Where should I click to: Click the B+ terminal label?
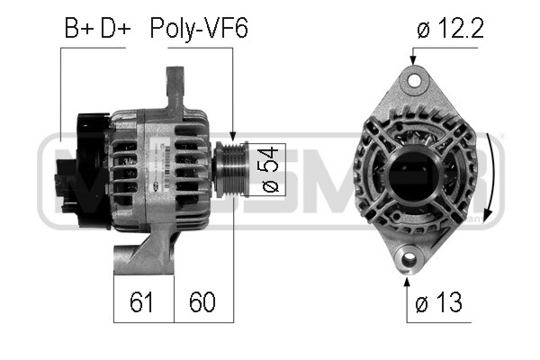(79, 28)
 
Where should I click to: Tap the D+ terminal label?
(115, 28)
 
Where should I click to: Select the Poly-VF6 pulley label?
(199, 29)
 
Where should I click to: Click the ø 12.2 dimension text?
(451, 28)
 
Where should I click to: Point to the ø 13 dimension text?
(438, 302)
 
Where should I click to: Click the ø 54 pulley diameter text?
(270, 169)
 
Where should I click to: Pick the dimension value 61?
(141, 301)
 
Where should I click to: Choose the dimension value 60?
(202, 301)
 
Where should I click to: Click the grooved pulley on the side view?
(230, 169)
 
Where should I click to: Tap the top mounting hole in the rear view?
(415, 80)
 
